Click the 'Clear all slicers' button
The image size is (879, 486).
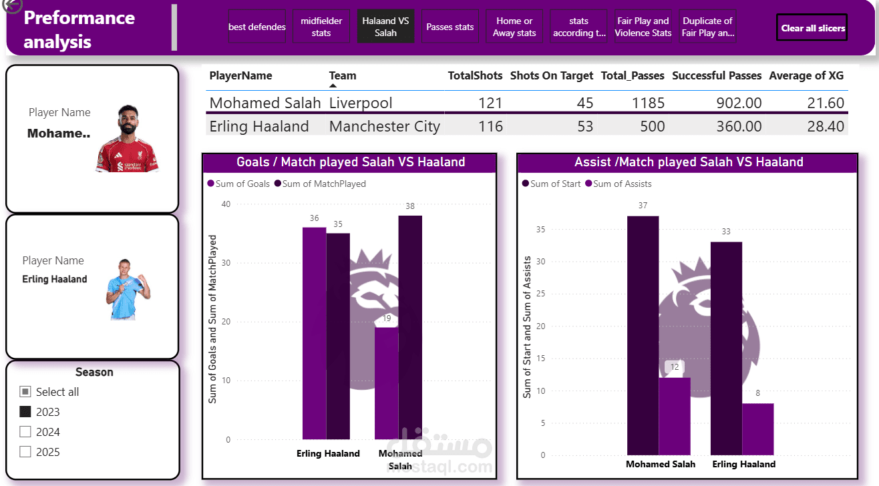(x=812, y=28)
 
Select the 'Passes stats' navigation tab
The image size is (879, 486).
(x=450, y=27)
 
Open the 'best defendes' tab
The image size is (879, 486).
(x=256, y=27)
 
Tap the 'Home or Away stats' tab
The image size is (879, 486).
(x=514, y=27)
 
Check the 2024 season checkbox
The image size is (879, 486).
(x=25, y=432)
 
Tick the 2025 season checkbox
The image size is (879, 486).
(x=25, y=452)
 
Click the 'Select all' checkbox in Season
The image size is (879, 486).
(x=25, y=392)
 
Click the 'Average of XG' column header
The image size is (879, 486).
(x=806, y=76)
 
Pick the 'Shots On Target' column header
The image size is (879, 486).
(x=551, y=76)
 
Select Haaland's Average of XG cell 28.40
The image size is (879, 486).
(x=826, y=127)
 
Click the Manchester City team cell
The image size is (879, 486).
(x=385, y=127)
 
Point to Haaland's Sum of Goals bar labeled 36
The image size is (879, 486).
(x=314, y=334)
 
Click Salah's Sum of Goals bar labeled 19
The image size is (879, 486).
(x=386, y=384)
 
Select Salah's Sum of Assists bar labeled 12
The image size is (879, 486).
(x=675, y=417)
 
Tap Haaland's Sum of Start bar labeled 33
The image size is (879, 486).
(x=726, y=347)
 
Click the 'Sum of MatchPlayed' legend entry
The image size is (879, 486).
(x=320, y=184)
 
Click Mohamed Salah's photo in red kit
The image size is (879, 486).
(x=127, y=139)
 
